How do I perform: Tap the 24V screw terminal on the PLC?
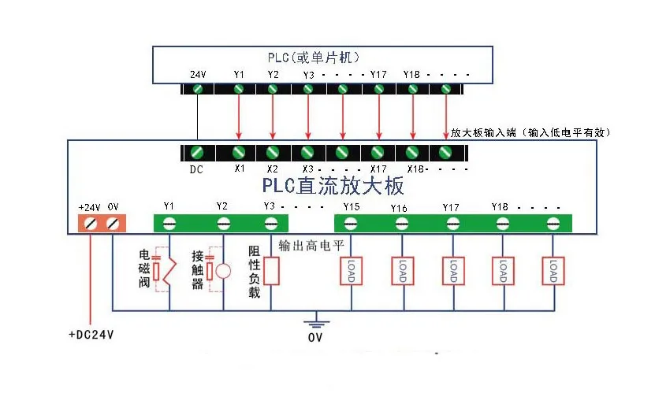pyautogui.click(x=198, y=89)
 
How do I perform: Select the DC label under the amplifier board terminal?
pyautogui.click(x=196, y=168)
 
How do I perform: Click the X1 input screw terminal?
pyautogui.click(x=239, y=151)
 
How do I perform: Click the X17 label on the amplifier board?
pyautogui.click(x=378, y=169)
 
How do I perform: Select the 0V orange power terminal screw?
pyautogui.click(x=113, y=224)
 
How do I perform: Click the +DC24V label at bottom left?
pyautogui.click(x=91, y=335)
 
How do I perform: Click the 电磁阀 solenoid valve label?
pyautogui.click(x=144, y=269)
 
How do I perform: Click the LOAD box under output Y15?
pyautogui.click(x=350, y=272)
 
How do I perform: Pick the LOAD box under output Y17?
pyautogui.click(x=452, y=272)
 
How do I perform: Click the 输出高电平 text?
pyautogui.click(x=312, y=245)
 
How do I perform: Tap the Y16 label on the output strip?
pyautogui.click(x=399, y=208)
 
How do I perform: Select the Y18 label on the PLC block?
pyautogui.click(x=411, y=74)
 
